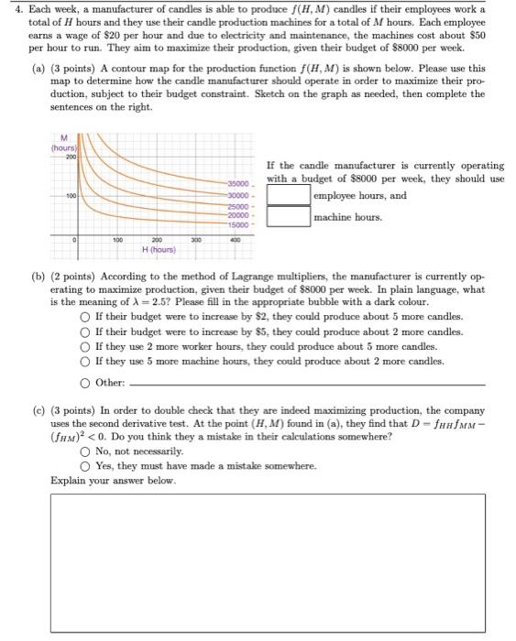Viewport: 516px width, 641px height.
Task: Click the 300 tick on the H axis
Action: (x=193, y=239)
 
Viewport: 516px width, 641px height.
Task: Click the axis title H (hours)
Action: (x=158, y=249)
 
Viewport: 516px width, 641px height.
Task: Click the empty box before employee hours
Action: (x=289, y=196)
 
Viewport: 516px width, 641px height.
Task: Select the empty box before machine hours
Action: (x=289, y=217)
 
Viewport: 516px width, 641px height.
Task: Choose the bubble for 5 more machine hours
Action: (x=83, y=362)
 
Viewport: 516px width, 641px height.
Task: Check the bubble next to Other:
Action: (x=83, y=382)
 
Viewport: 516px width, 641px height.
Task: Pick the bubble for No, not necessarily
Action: (x=83, y=451)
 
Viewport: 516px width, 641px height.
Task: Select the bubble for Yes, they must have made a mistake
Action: (x=83, y=465)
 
